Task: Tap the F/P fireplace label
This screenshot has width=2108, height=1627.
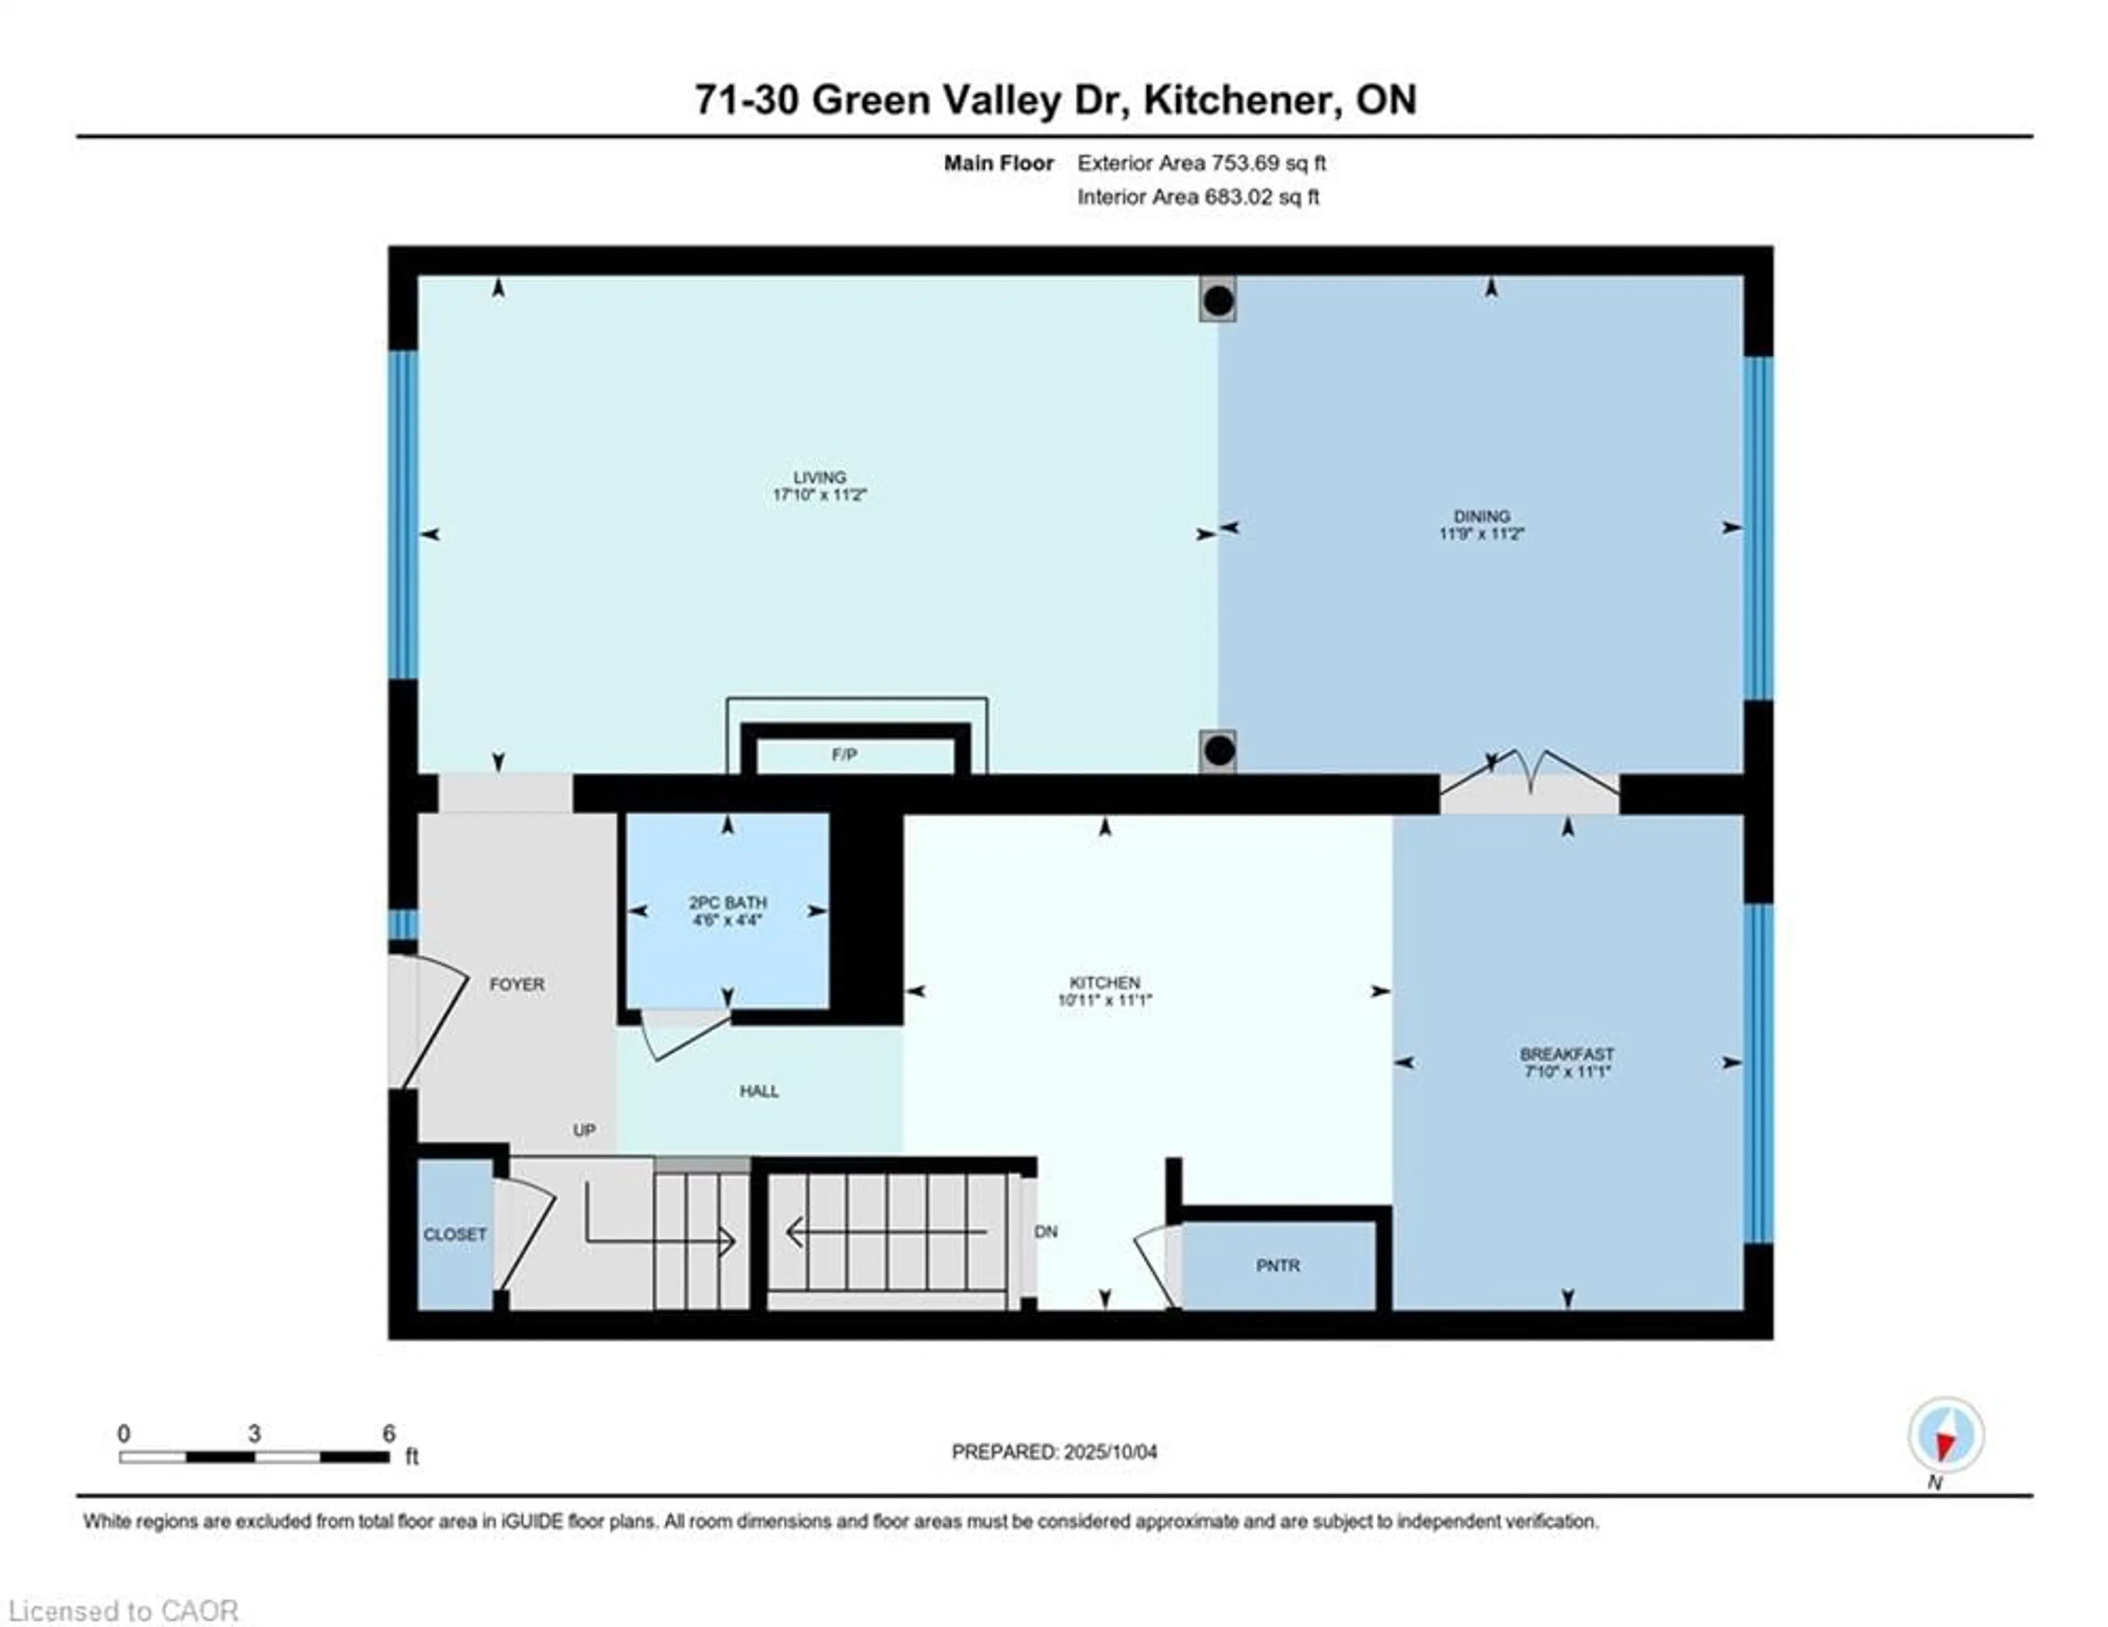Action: click(x=844, y=755)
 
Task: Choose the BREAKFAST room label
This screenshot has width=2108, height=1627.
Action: click(x=1567, y=1054)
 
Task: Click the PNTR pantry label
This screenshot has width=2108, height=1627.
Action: click(x=1278, y=1265)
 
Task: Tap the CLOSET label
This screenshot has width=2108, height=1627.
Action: click(x=455, y=1234)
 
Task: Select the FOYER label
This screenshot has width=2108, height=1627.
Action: click(x=517, y=984)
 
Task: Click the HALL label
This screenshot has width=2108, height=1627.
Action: click(x=759, y=1091)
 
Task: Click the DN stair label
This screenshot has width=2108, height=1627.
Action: click(x=1046, y=1231)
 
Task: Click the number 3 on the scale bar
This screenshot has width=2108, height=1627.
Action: click(x=254, y=1433)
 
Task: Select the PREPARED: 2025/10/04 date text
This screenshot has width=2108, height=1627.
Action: click(x=1054, y=1451)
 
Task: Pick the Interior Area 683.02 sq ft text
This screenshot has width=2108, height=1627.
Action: click(x=1198, y=197)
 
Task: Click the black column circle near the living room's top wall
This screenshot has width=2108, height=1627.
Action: click(x=1218, y=301)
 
